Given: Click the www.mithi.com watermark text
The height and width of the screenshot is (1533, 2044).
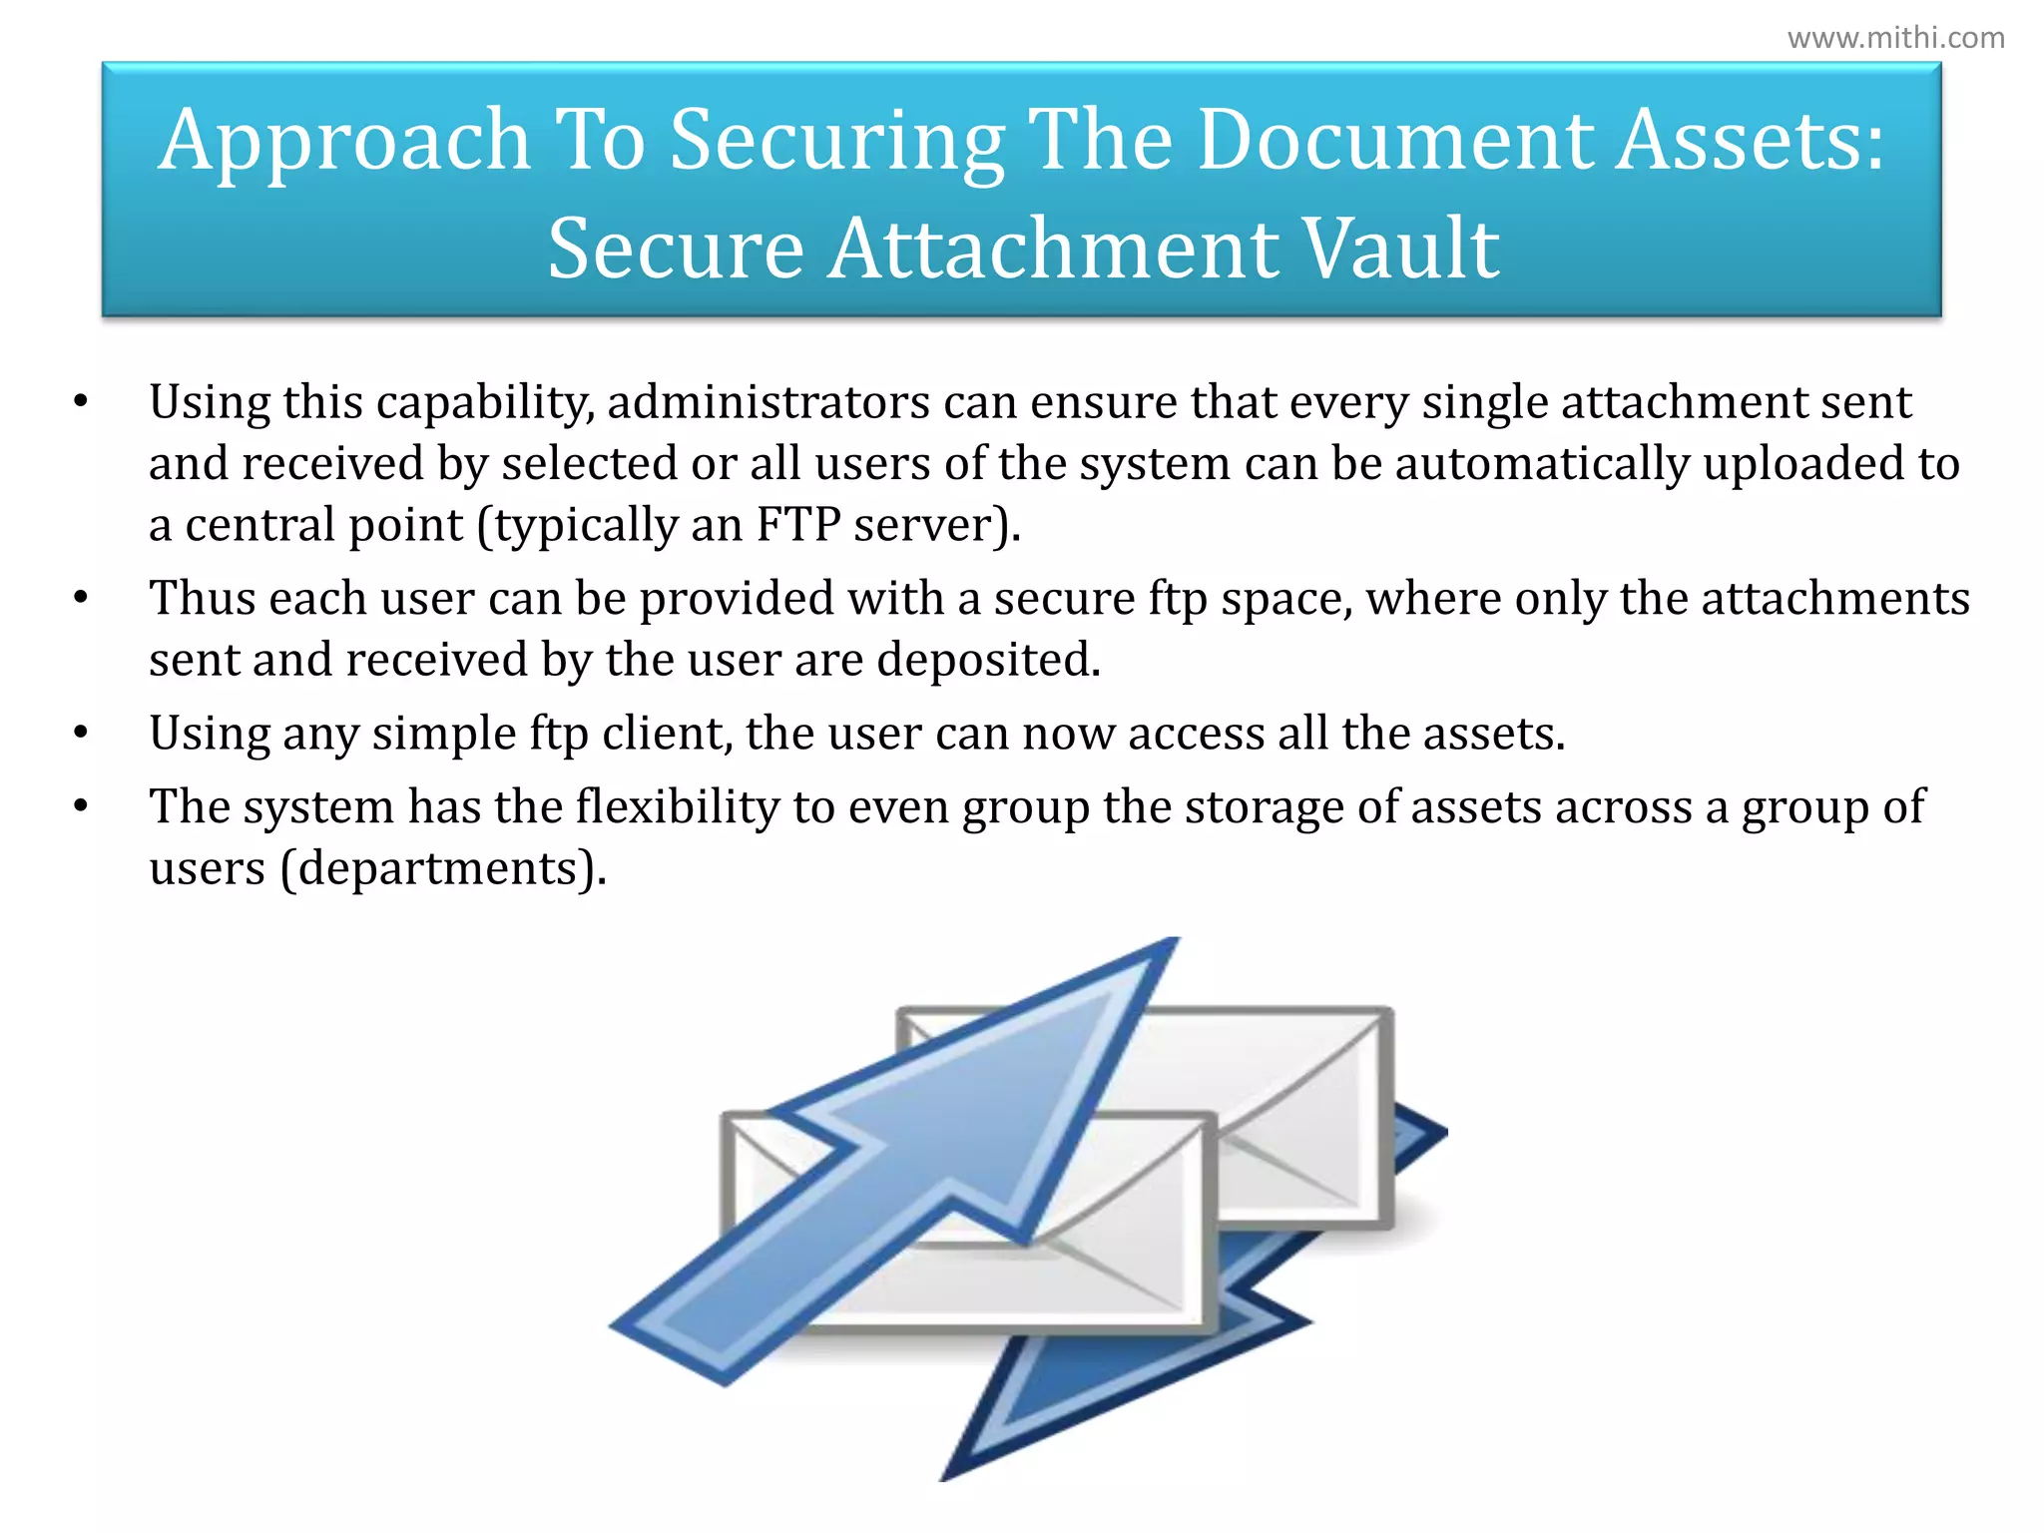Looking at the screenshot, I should (1895, 38).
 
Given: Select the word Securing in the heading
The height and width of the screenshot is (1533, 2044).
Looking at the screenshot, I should (836, 141).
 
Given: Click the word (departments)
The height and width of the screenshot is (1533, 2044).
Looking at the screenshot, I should (443, 868).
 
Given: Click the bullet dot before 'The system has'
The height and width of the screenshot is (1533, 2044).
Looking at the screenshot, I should (82, 806).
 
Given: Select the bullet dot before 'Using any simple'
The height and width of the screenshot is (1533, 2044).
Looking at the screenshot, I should (82, 734).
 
